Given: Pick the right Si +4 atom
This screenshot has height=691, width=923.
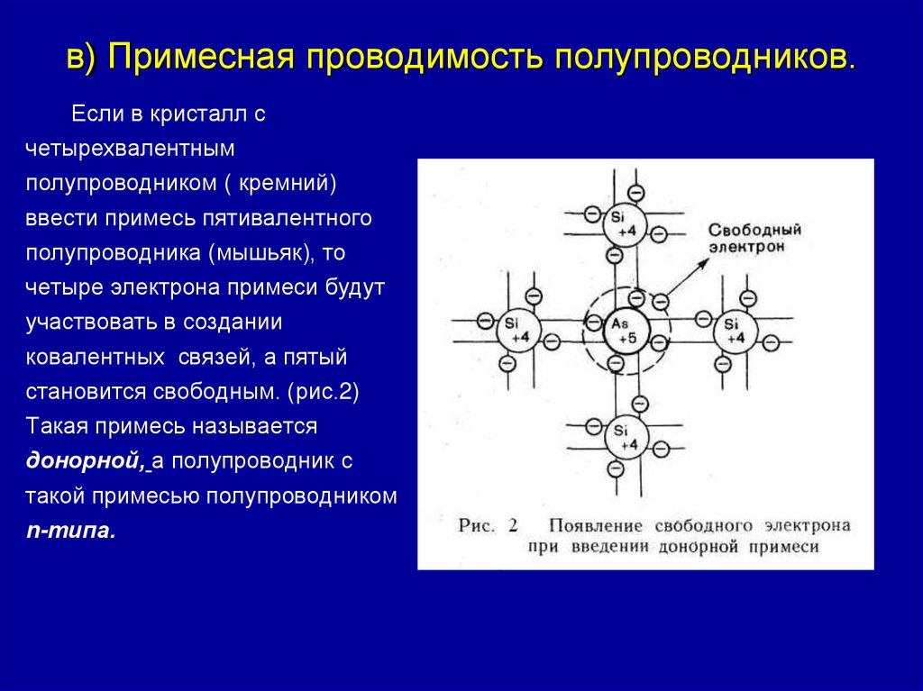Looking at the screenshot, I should pyautogui.click(x=736, y=331).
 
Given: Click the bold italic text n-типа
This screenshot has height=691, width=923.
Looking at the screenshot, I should pyautogui.click(x=70, y=531).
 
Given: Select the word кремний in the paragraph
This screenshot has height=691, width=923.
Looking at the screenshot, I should pyautogui.click(x=287, y=184).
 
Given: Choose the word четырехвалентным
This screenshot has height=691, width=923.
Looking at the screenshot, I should pyautogui.click(x=131, y=149).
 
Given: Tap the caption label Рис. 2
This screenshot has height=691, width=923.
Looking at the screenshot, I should pyautogui.click(x=488, y=525).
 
